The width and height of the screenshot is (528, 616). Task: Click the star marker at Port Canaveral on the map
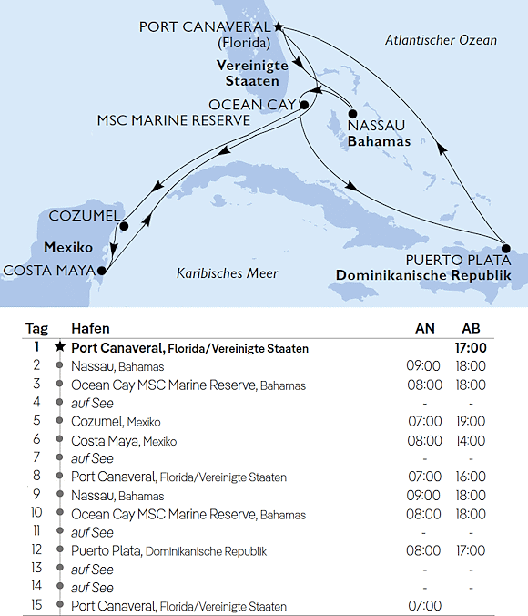[279, 27]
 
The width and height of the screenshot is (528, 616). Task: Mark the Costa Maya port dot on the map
[103, 270]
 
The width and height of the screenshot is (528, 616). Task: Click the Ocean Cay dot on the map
[304, 105]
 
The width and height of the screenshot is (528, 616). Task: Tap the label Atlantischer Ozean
[441, 40]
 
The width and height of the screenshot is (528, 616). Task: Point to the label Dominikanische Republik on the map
[431, 276]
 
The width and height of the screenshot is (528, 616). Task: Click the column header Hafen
[91, 329]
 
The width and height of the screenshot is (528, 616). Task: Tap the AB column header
[472, 329]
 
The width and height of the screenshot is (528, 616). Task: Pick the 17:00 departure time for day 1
[470, 348]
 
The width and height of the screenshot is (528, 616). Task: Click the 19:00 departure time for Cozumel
[470, 422]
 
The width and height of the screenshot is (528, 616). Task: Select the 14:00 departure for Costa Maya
[470, 440]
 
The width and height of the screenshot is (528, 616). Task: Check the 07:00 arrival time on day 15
[425, 606]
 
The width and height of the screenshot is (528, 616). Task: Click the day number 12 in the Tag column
[36, 550]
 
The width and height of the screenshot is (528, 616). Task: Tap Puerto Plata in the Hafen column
[106, 550]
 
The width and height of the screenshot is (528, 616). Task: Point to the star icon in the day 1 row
[60, 348]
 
